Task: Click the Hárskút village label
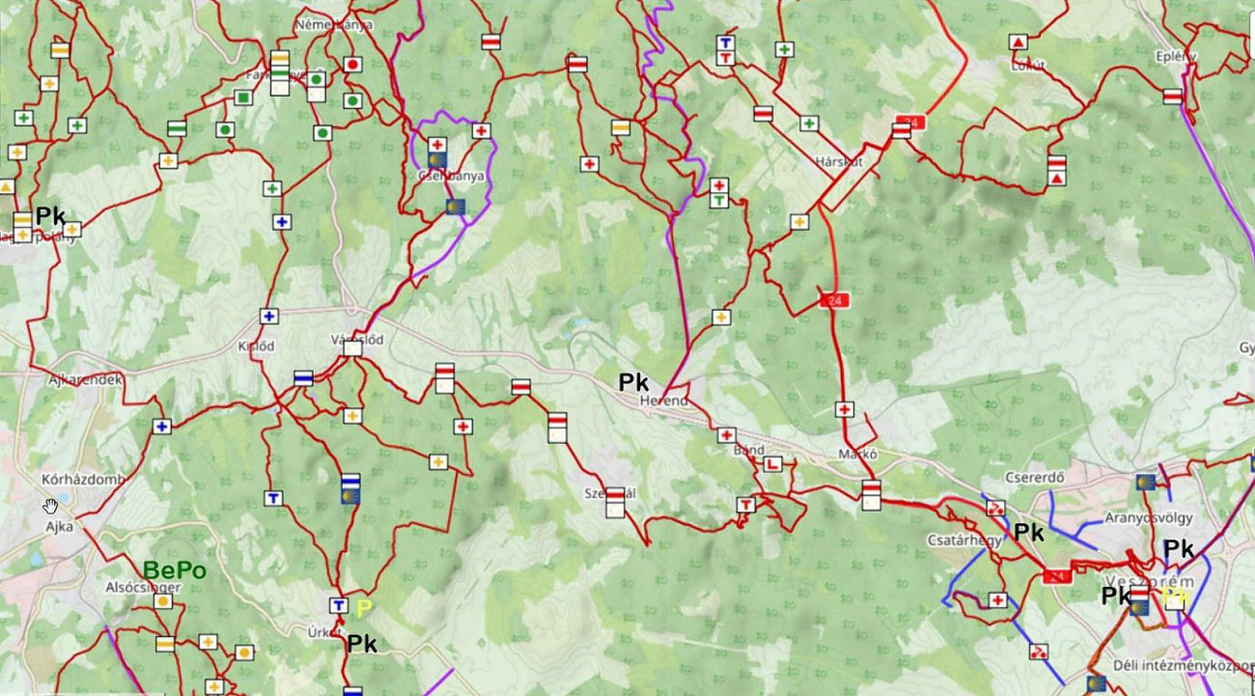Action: coord(837,161)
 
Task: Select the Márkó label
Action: coord(857,455)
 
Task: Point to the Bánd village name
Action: coord(749,450)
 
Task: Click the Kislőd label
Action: coord(257,346)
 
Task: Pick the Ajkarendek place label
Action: coord(85,380)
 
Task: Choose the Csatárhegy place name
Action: coord(963,541)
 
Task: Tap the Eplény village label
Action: coord(1176,56)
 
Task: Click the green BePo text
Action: coord(175,571)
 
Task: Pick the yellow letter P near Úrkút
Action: coord(364,608)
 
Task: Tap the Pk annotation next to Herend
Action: coord(634,382)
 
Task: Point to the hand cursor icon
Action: coord(50,506)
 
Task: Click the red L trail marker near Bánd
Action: coord(772,463)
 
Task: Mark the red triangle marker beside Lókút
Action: coord(1018,42)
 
